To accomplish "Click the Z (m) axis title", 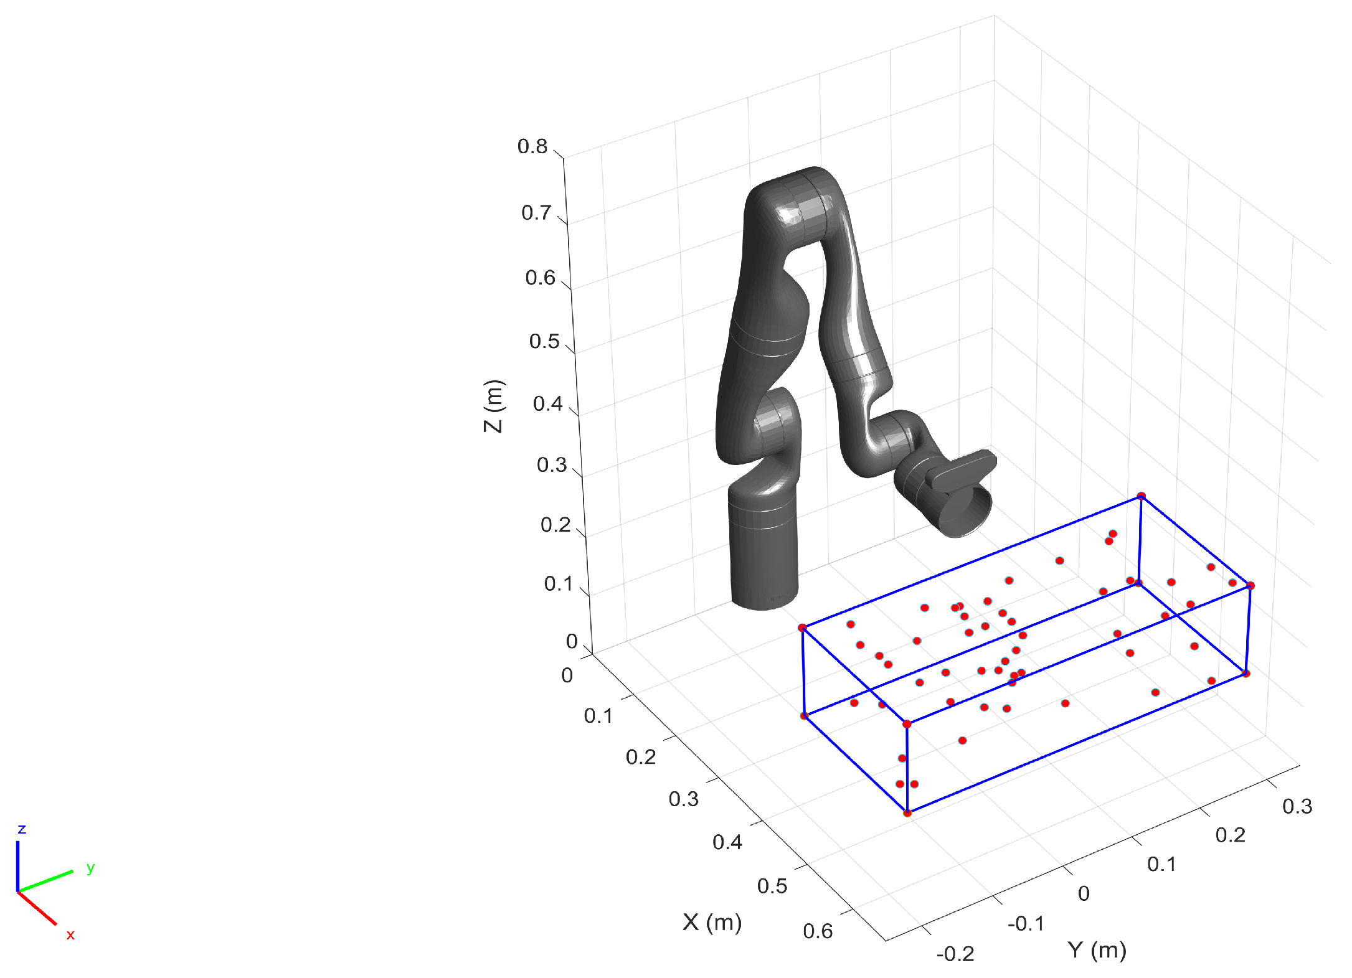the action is pos(494,406).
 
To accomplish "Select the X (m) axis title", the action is pos(712,922).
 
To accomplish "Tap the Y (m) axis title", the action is pos(1097,950).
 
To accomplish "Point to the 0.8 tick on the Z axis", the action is pos(532,146).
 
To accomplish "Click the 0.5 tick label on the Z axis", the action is pos(544,341).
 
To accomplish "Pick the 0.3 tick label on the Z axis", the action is pos(552,464).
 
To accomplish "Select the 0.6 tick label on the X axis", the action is pos(818,931).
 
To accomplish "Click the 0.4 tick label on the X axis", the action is pos(727,842).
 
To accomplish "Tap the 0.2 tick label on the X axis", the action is pos(641,757).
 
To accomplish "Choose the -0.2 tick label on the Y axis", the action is pos(955,954).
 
